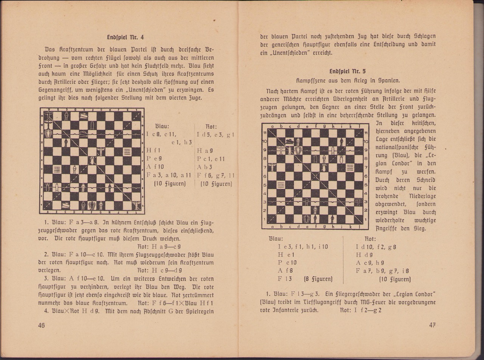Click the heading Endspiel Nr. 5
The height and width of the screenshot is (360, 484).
tap(347, 71)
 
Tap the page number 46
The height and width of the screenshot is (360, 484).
tap(41, 325)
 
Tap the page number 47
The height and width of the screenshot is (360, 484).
tap(433, 325)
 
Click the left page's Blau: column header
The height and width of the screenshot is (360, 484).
tap(162, 127)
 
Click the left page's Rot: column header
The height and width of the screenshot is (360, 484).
tap(211, 127)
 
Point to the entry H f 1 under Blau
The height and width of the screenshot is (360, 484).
tap(154, 150)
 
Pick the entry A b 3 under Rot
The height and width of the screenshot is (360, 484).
tap(205, 167)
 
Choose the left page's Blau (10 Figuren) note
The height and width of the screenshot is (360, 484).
tap(169, 184)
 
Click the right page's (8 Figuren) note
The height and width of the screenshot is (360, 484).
tap(318, 279)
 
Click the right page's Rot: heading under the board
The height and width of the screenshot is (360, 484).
tap(370, 239)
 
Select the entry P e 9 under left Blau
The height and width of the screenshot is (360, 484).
tap(154, 159)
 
